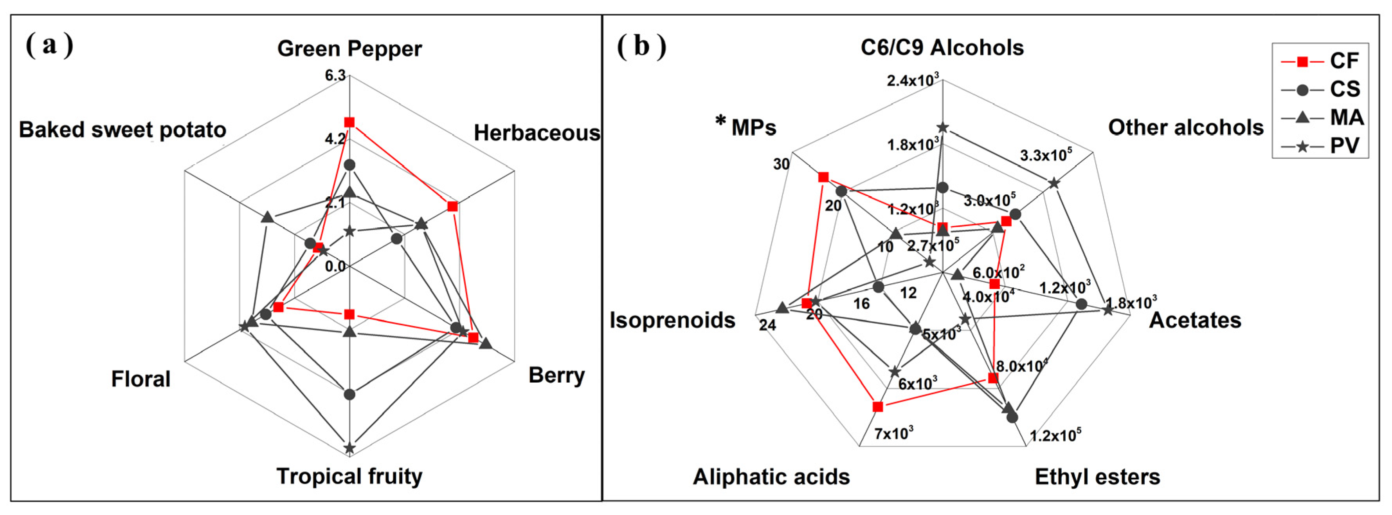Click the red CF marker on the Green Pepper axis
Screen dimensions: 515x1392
click(x=349, y=122)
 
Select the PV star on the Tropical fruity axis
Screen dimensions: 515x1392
click(x=349, y=448)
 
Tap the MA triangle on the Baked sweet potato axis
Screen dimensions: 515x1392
click(x=267, y=218)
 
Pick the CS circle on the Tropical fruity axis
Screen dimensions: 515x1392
click(x=349, y=394)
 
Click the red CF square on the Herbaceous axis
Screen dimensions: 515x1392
click(x=453, y=207)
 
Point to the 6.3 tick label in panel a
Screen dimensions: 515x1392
click(x=335, y=75)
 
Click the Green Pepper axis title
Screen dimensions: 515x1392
click(x=349, y=49)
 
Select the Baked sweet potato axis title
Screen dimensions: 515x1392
click(x=122, y=130)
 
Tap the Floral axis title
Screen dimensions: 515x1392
click(x=140, y=379)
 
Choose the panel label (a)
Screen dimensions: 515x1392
click(x=49, y=45)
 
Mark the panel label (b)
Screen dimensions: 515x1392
click(x=641, y=45)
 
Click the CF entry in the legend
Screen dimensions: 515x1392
click(x=1321, y=61)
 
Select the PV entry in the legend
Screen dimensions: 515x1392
click(x=1321, y=146)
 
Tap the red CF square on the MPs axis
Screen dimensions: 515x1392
click(x=823, y=178)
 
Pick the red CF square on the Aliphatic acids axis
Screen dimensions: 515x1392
click(x=878, y=407)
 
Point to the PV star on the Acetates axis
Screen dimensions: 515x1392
click(x=1108, y=310)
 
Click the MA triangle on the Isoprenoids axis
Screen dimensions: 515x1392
click(x=782, y=308)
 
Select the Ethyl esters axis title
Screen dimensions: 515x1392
click(x=1097, y=477)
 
